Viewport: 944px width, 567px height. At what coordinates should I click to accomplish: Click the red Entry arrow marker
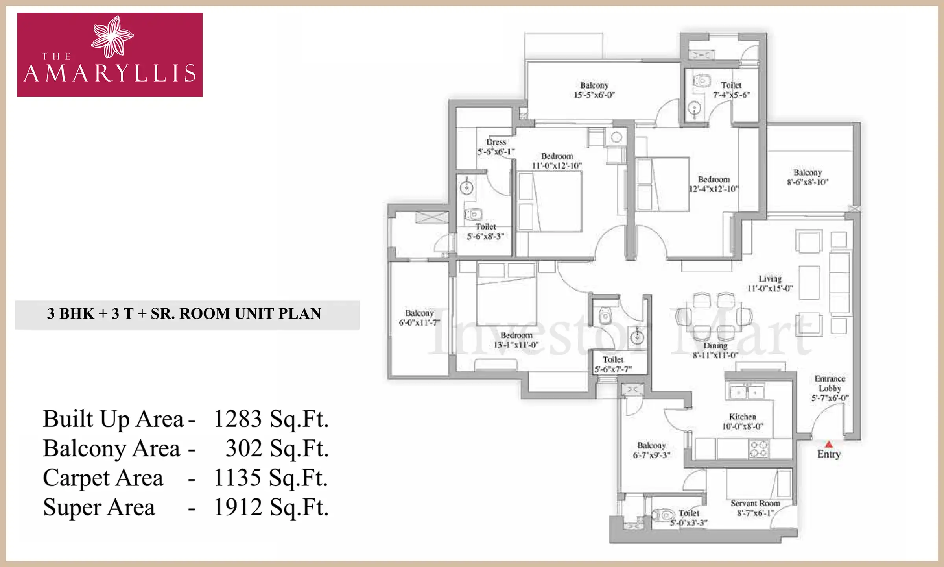(x=829, y=445)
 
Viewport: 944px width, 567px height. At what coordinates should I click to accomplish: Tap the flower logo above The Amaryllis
(x=112, y=37)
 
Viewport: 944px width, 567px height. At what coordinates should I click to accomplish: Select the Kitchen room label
(x=743, y=417)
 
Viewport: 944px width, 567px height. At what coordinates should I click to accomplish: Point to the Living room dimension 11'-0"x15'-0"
(x=770, y=288)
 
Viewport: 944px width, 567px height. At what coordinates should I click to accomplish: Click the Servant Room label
(x=755, y=503)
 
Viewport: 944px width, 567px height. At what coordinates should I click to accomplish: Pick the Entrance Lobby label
(x=830, y=384)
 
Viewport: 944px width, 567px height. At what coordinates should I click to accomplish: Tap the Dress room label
(x=496, y=142)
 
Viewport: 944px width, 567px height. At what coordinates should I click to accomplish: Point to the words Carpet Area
(x=103, y=478)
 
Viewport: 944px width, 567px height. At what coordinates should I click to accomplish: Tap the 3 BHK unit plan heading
(x=184, y=314)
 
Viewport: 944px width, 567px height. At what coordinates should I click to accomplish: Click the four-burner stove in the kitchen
(x=759, y=449)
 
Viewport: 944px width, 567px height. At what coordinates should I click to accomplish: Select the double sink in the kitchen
(x=746, y=392)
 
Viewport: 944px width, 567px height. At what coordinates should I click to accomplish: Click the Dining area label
(x=715, y=346)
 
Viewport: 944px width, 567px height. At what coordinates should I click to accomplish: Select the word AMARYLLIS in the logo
(x=110, y=74)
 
